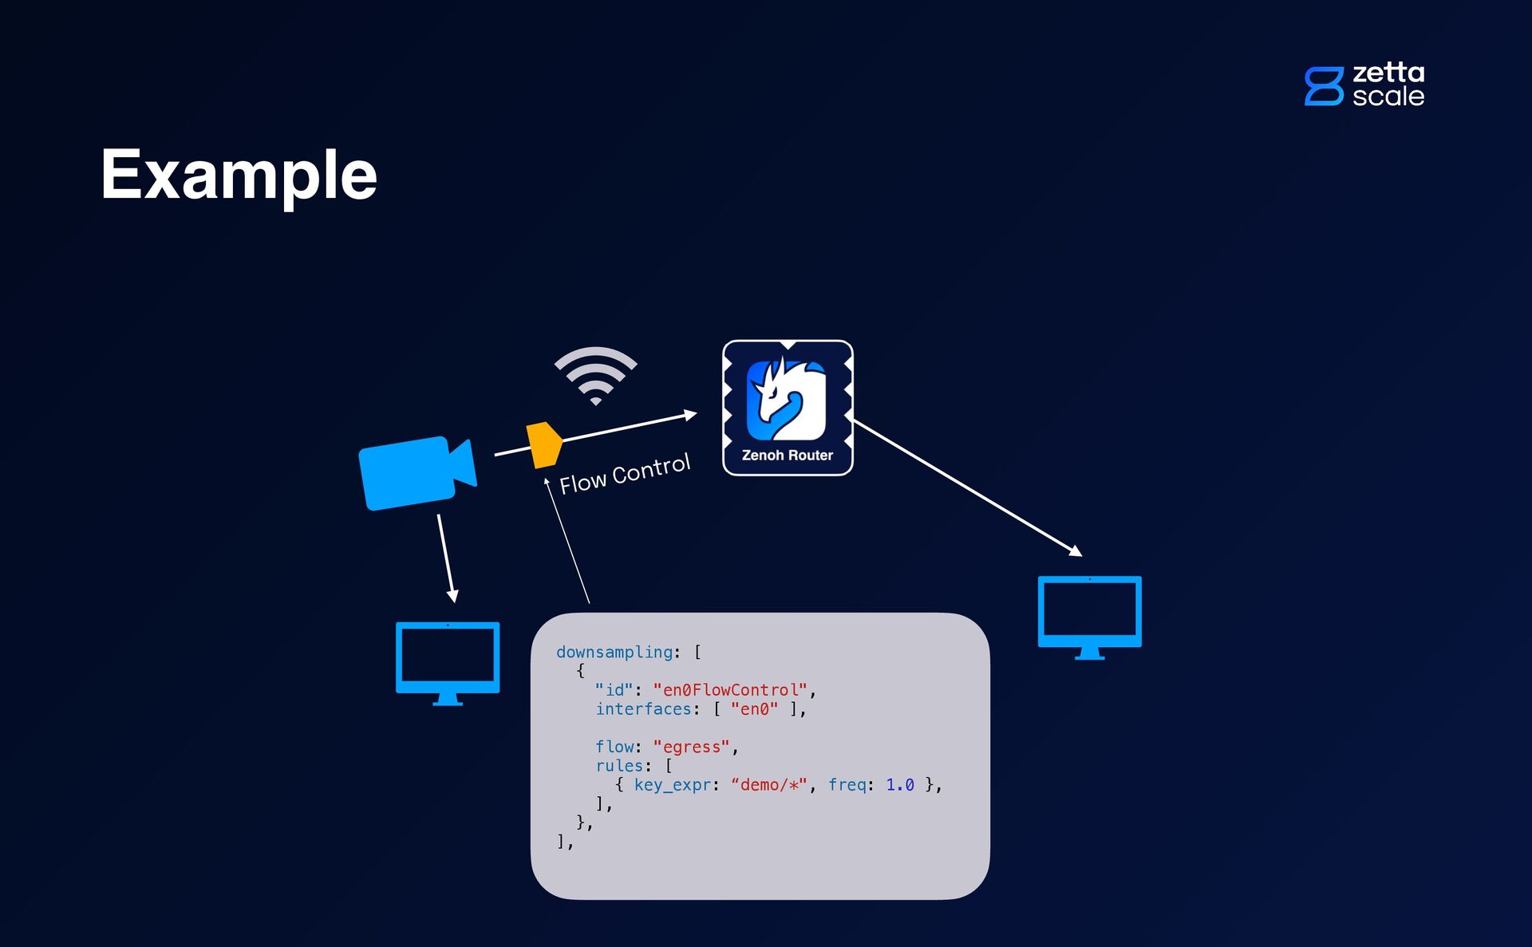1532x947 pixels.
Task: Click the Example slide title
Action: (x=239, y=175)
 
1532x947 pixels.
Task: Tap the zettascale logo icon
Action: (x=1324, y=86)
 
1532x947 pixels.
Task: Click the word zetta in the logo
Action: (x=1388, y=73)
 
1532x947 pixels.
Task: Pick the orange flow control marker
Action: (x=543, y=444)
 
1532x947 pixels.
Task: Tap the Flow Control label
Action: (x=625, y=474)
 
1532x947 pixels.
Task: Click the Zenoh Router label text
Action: (x=787, y=456)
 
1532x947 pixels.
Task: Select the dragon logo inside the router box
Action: (x=787, y=399)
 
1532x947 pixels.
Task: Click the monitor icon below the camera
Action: (x=448, y=663)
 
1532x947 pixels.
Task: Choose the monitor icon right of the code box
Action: (x=1089, y=617)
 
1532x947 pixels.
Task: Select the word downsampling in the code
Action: (x=614, y=653)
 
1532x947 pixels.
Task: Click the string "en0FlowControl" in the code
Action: (x=730, y=690)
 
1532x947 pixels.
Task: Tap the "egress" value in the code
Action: (x=691, y=747)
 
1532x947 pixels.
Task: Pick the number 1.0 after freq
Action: (x=899, y=785)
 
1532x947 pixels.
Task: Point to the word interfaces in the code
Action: (x=643, y=709)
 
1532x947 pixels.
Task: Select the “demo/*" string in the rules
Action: (x=768, y=785)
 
